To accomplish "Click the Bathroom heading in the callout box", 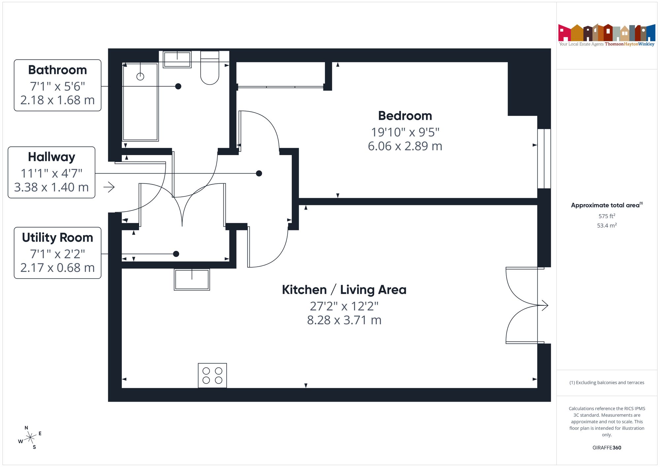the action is [57, 70].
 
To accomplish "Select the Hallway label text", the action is [51, 157].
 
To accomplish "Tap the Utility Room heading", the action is [57, 238].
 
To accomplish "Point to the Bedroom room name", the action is [405, 116].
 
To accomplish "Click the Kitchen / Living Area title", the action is [344, 290].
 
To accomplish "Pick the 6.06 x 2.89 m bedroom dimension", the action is [405, 146].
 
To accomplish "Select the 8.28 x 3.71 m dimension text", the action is [344, 320].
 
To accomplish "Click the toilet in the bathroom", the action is [210, 68].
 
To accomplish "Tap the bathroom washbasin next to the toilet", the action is [177, 60].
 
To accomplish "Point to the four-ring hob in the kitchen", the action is [213, 376].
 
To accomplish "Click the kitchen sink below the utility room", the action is [192, 280].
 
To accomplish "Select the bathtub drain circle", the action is [140, 77].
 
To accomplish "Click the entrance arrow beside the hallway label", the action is [109, 187].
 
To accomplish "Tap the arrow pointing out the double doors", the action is [543, 305].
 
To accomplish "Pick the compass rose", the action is [30, 438].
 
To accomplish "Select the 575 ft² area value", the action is [607, 216].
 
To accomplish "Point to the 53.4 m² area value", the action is [607, 225].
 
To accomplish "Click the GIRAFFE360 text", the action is [607, 448].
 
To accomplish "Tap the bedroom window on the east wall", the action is [544, 158].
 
